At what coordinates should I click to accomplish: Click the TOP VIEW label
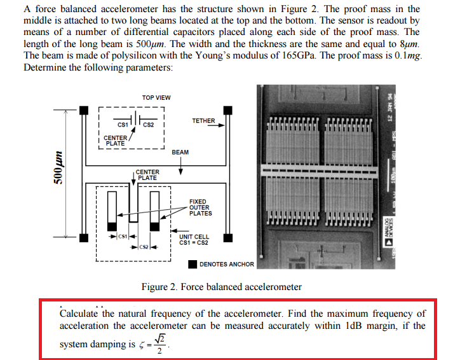coord(156,97)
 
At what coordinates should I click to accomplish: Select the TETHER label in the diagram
coord(203,121)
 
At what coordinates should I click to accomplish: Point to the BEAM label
coord(180,152)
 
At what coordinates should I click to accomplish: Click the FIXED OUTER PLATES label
coord(201,207)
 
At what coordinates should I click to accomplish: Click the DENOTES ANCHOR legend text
coord(226,264)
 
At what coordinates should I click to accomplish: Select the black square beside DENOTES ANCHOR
coord(192,264)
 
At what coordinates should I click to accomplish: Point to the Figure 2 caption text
coord(221,287)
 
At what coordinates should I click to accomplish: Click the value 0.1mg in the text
coord(408,55)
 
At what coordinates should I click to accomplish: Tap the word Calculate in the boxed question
coord(78,314)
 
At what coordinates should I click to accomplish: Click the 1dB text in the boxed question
coord(353,326)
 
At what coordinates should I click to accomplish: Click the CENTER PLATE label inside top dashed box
coord(115,140)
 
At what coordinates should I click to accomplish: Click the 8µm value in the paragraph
coord(410,43)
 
